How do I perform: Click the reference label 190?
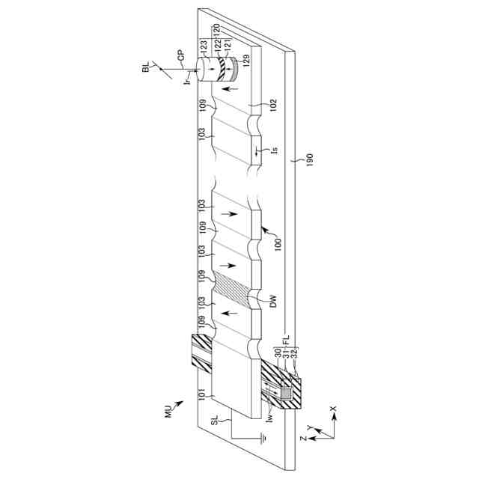(x=309, y=159)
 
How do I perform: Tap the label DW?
(x=273, y=301)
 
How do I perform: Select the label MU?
(x=168, y=412)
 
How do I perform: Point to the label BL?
(x=146, y=67)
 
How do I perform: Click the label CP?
(x=181, y=57)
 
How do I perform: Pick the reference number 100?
(x=278, y=245)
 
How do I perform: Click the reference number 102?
(x=273, y=106)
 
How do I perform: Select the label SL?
(x=215, y=421)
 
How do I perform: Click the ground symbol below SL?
(x=263, y=439)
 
